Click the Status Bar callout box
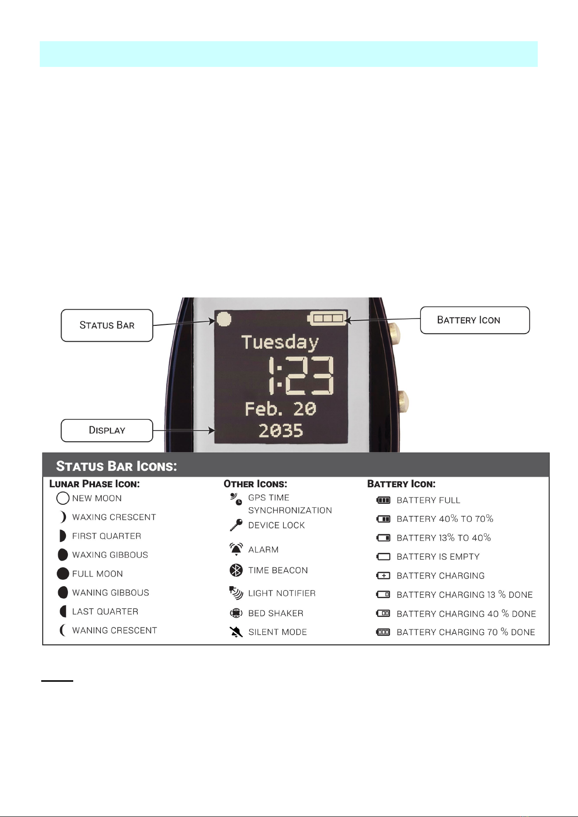107,325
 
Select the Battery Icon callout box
474,320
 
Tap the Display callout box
107,431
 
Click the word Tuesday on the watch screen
280,342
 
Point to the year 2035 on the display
281,431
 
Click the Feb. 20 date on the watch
280,409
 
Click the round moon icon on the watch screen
224,319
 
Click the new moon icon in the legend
63,498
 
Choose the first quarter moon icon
62,536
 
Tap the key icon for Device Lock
236,525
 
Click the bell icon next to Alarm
236,549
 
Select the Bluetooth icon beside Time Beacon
236,570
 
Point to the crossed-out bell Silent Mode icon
236,632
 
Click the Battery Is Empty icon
383,557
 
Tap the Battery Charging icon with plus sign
383,576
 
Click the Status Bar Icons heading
116,466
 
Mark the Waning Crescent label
114,630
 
